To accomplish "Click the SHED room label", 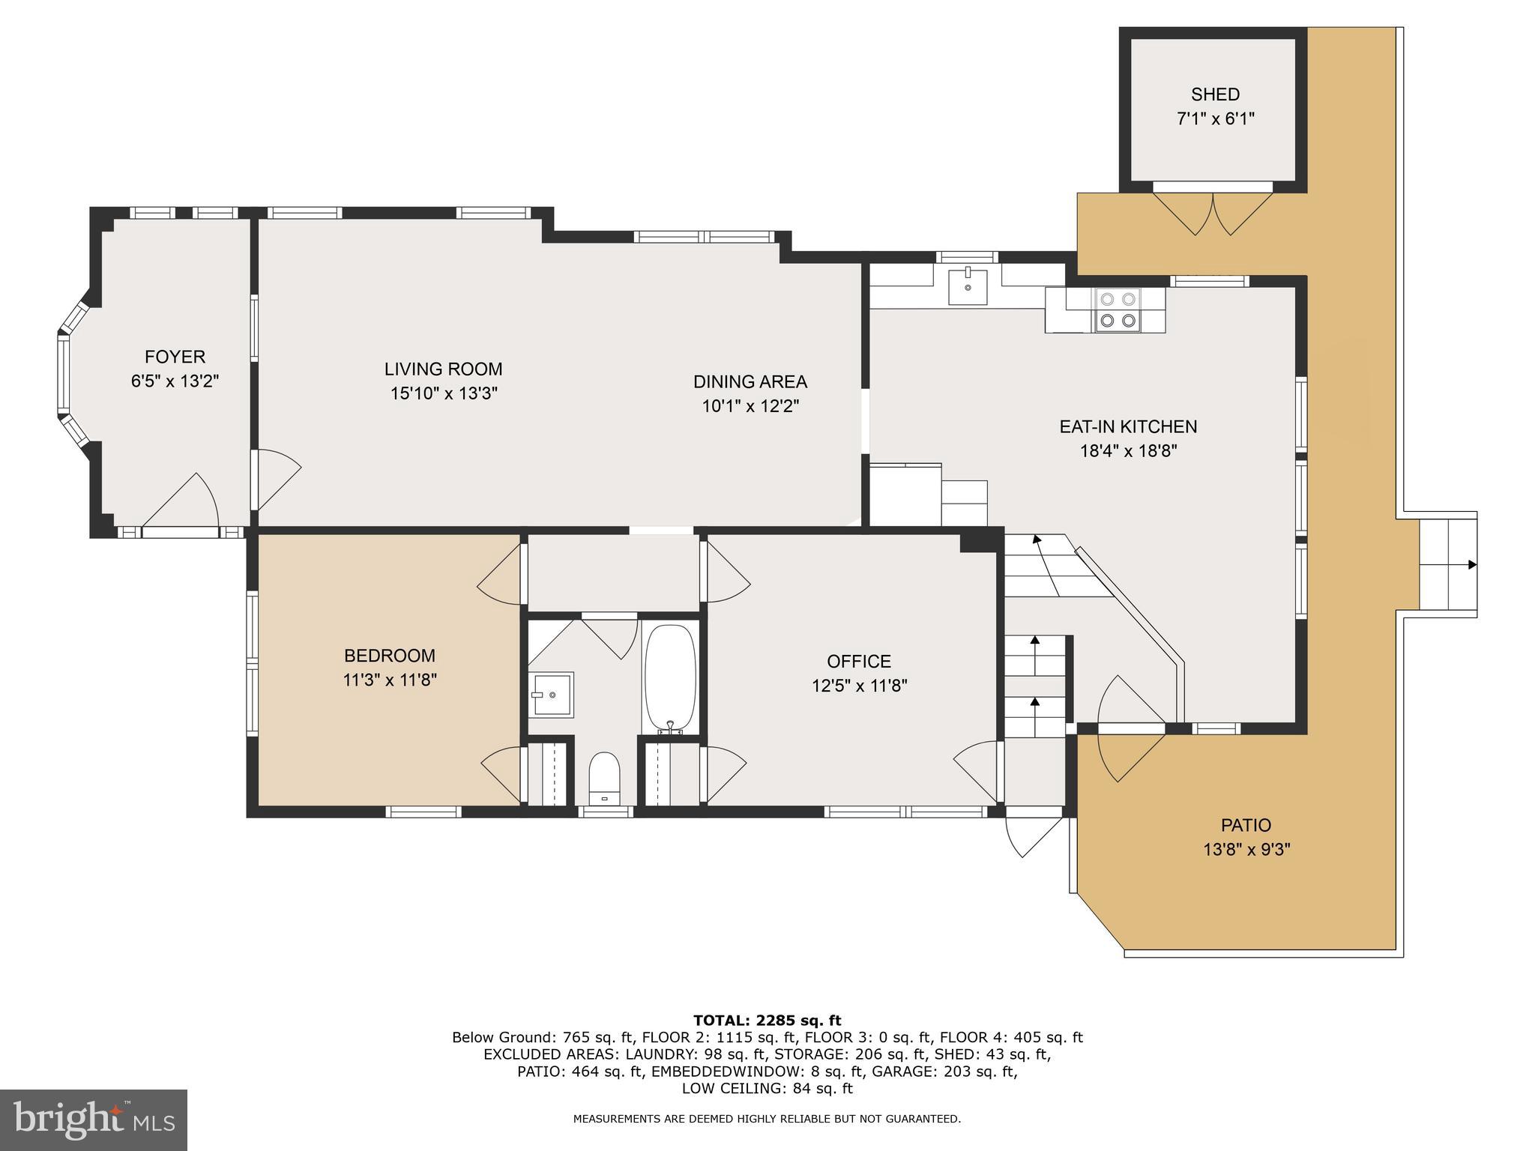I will coord(1215,94).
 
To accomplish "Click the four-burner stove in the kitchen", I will coord(1117,310).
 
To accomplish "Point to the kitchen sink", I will coord(968,287).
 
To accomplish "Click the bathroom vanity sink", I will coord(552,695).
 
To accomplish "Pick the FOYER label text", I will coord(175,357).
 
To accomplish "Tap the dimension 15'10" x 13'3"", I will coord(444,393).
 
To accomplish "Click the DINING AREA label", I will coord(750,381).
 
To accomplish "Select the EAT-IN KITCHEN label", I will coord(1127,426).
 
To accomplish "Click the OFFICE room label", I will coord(858,661).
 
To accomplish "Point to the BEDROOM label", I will coord(389,656).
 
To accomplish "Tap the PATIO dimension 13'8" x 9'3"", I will coord(1246,850).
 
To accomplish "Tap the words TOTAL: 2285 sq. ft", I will coord(767,1020).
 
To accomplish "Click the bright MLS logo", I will coord(94,1120).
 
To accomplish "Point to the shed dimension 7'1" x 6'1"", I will coord(1215,118).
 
